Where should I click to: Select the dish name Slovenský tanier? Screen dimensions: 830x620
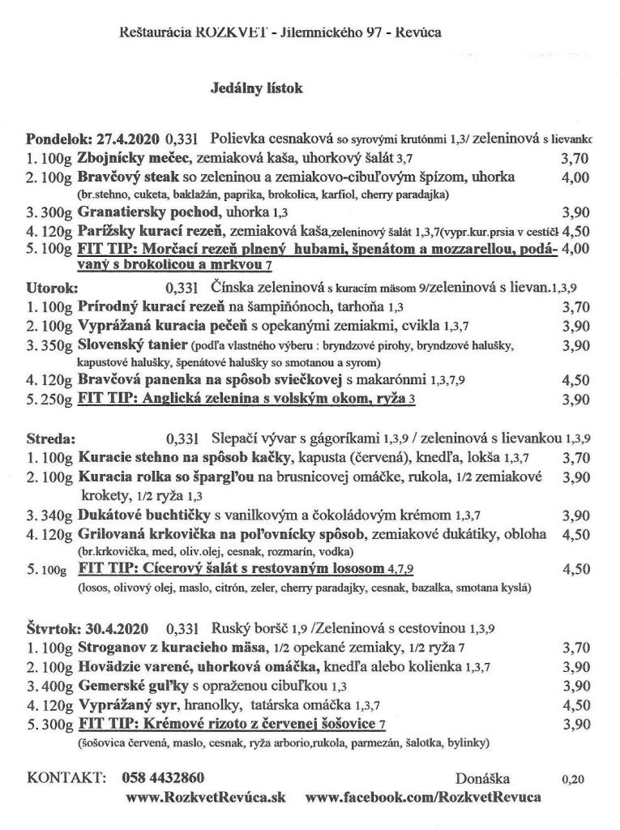[x=130, y=346]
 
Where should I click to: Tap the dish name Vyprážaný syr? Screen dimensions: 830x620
[x=124, y=704]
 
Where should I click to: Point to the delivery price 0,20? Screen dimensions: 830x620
[x=571, y=780]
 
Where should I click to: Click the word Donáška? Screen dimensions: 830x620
[x=482, y=778]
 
